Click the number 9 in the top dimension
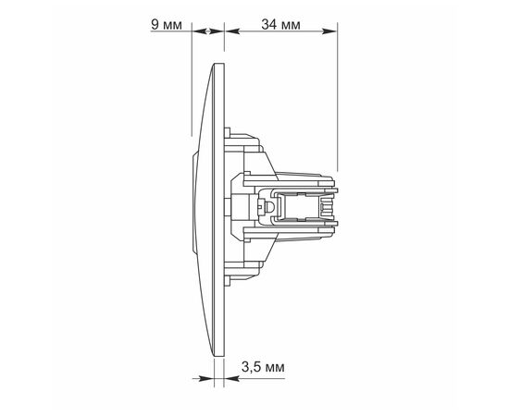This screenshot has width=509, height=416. [154, 25]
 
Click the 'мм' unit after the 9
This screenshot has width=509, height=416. [172, 25]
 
